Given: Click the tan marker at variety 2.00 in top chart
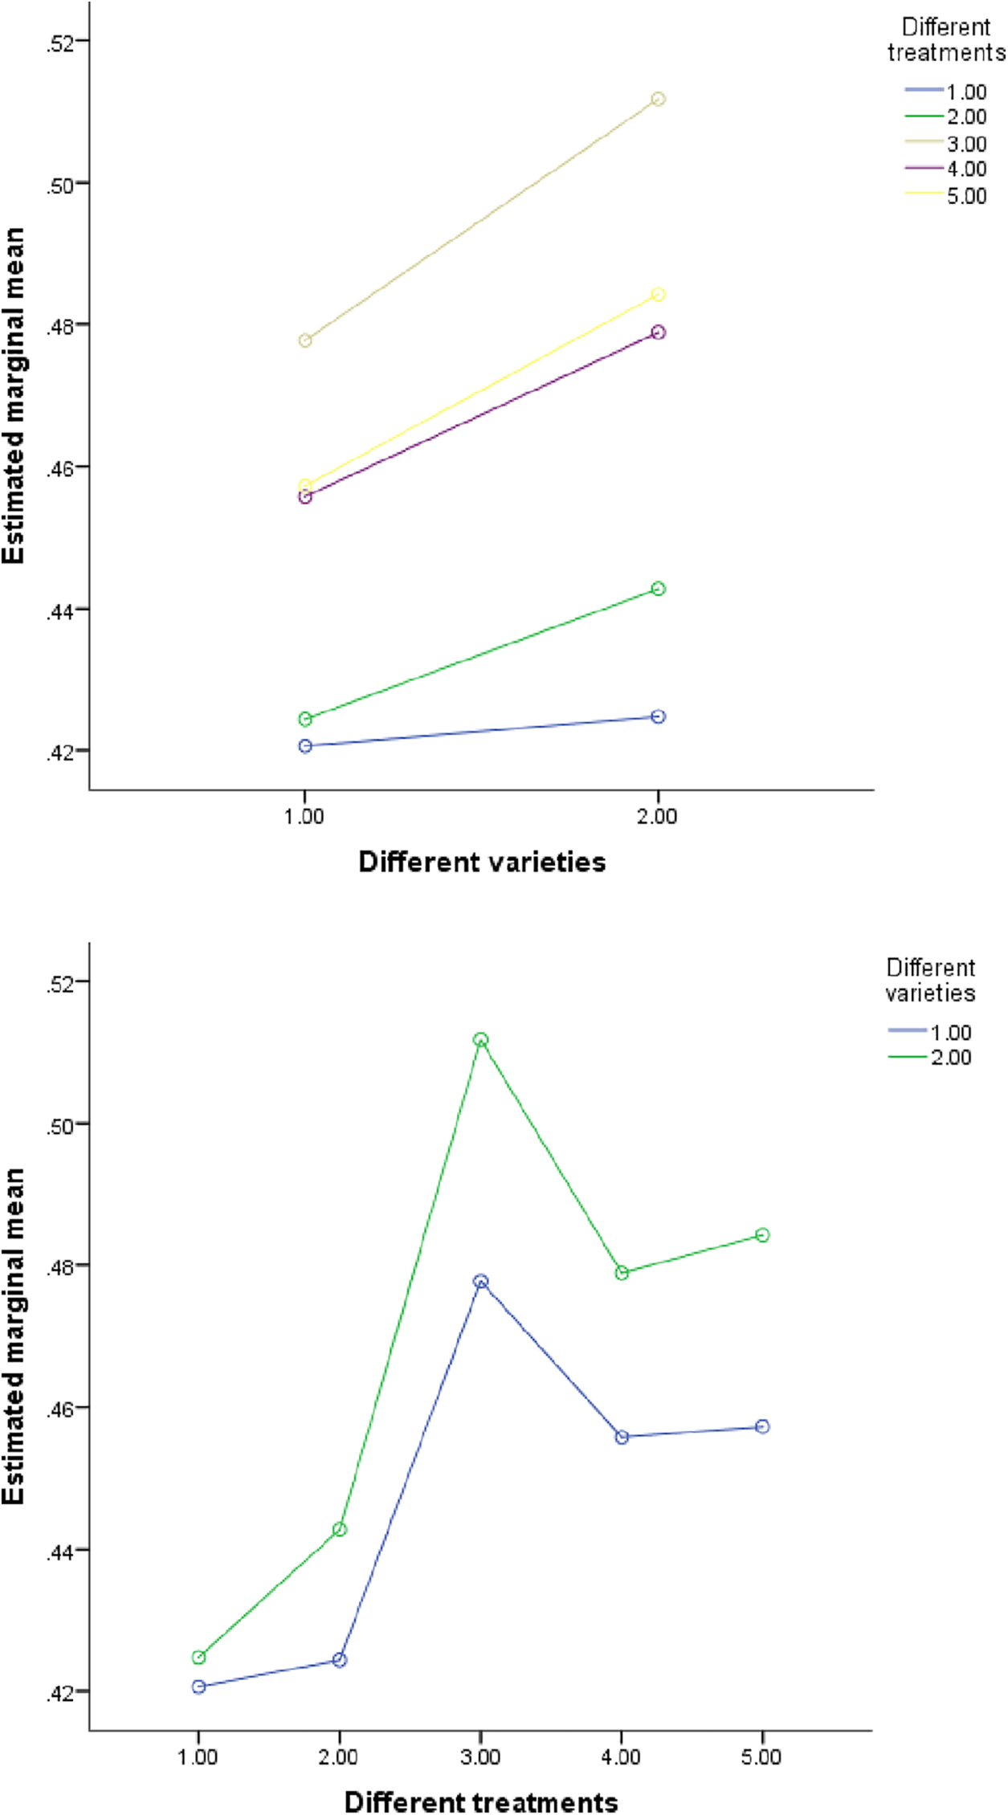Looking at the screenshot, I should [x=658, y=99].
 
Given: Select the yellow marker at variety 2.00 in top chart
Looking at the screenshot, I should [x=658, y=295].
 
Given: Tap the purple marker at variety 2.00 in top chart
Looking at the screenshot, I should [x=658, y=332].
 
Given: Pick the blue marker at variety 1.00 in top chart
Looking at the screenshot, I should [x=305, y=746].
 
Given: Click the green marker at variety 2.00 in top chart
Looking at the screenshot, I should [x=658, y=589].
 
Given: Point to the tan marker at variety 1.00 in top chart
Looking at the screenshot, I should [x=305, y=341].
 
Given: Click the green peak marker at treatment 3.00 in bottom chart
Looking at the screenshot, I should [x=480, y=1040].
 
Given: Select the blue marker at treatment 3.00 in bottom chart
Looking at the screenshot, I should [x=480, y=1282].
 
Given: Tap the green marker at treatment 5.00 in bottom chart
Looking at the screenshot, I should [x=762, y=1235].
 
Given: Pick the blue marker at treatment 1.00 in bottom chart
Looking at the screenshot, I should [x=198, y=1687].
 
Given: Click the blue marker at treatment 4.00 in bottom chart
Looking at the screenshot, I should [x=622, y=1438].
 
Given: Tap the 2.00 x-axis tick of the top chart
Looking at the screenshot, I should [x=658, y=817].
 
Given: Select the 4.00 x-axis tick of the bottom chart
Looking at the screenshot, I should [x=622, y=1757].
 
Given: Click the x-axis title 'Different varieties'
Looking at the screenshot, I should [x=482, y=862].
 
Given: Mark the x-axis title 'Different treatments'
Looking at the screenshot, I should [x=481, y=1801].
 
